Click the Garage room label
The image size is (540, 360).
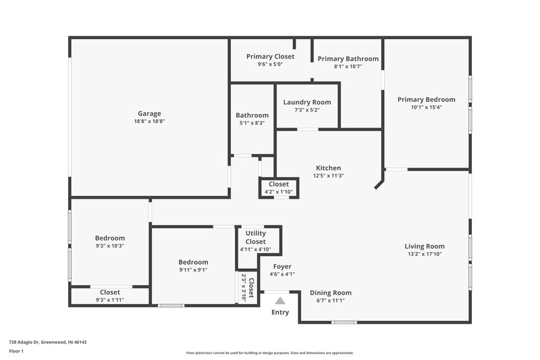[149, 113]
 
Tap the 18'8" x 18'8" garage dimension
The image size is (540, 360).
[149, 122]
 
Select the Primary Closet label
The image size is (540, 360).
[270, 57]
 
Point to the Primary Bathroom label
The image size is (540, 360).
[348, 59]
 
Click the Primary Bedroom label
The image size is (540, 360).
[426, 99]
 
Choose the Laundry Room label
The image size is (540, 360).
[306, 102]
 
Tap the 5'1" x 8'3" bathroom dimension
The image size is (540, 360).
[252, 123]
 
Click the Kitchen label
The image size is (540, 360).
[329, 168]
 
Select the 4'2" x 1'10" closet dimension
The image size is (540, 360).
[279, 192]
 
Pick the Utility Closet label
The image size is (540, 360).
[255, 237]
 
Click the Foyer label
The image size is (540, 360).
[282, 266]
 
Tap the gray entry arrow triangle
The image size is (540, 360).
[280, 299]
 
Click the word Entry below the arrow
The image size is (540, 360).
[280, 312]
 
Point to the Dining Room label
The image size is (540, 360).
[331, 292]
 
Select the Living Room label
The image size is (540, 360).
[425, 246]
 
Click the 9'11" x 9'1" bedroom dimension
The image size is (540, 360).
[193, 269]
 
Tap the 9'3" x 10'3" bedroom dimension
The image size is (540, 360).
[110, 246]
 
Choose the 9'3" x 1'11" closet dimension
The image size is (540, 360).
[110, 300]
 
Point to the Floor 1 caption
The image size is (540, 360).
[16, 352]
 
